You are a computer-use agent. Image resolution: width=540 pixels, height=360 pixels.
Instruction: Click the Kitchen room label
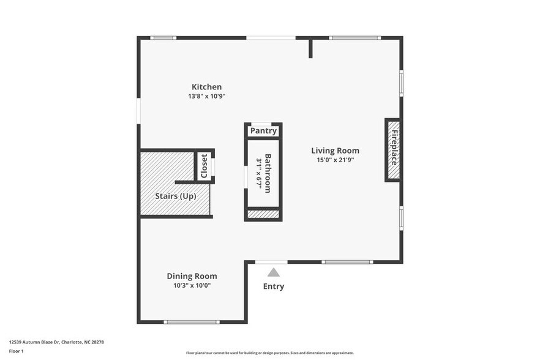pyautogui.click(x=206, y=87)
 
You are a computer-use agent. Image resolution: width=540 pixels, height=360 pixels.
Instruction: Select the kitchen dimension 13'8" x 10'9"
pyautogui.click(x=206, y=97)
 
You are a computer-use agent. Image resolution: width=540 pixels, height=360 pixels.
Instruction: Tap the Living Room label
pyautogui.click(x=335, y=151)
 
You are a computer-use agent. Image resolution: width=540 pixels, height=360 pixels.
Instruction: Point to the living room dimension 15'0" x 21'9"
pyautogui.click(x=335, y=160)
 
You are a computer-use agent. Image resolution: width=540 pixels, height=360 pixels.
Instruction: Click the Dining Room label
pyautogui.click(x=192, y=276)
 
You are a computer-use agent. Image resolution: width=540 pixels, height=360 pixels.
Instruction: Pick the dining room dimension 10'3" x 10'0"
pyautogui.click(x=192, y=285)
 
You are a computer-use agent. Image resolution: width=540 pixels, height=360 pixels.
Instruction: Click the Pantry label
pyautogui.click(x=263, y=131)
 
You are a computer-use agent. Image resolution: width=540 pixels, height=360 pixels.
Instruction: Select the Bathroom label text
pyautogui.click(x=268, y=173)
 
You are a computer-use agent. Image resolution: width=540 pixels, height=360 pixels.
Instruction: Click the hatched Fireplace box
pyautogui.click(x=392, y=150)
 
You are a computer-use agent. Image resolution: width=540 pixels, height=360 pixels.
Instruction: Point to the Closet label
pyautogui.click(x=204, y=166)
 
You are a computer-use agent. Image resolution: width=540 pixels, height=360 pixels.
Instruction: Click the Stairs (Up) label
pyautogui.click(x=175, y=197)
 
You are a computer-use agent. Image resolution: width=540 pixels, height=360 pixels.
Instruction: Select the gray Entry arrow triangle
pyautogui.click(x=274, y=272)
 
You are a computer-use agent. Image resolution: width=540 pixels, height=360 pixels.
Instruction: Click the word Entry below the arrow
pyautogui.click(x=274, y=286)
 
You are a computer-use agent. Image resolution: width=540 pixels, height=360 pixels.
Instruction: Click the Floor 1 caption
pyautogui.click(x=16, y=351)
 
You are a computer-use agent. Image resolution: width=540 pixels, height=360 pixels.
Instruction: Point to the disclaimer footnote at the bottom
pyautogui.click(x=269, y=353)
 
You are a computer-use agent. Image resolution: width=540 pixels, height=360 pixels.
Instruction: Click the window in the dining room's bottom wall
pyautogui.click(x=192, y=322)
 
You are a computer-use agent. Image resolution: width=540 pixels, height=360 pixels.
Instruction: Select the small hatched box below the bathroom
pyautogui.click(x=263, y=214)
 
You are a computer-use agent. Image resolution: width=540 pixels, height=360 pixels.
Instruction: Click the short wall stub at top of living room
pyautogui.click(x=310, y=48)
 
